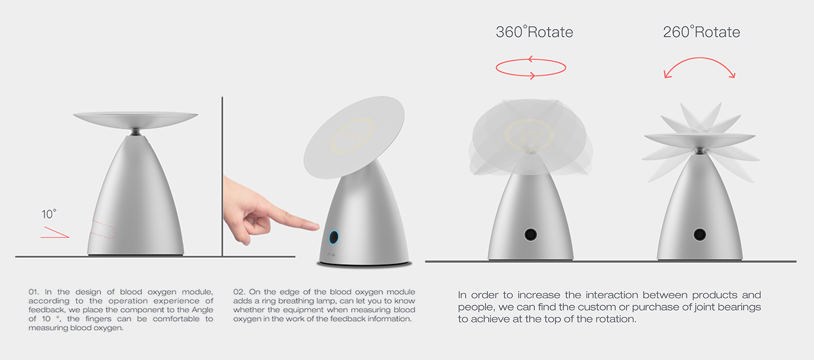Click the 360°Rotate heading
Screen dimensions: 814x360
coord(534,32)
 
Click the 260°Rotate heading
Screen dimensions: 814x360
coord(701,32)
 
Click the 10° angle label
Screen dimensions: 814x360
coord(49,214)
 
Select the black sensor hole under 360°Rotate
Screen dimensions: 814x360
coord(530,234)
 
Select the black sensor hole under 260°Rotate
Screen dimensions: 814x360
coord(699,234)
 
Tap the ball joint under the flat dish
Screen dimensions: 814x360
coord(135,132)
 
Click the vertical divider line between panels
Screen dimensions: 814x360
coord(222,176)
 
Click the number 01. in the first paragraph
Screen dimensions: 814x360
coord(34,292)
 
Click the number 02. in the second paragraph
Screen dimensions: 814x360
coord(239,292)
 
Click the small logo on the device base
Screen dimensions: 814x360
coord(331,255)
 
